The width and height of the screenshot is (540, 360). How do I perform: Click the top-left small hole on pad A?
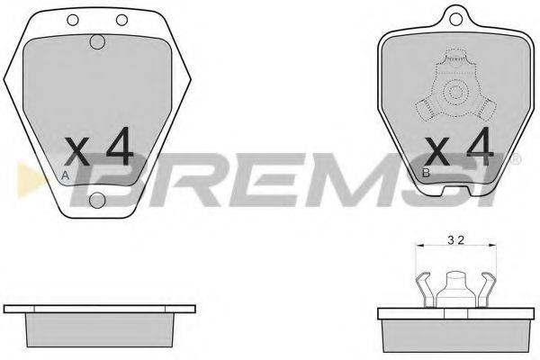pyautogui.click(x=73, y=20)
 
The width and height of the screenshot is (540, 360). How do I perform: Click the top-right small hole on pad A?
pyautogui.click(x=121, y=20)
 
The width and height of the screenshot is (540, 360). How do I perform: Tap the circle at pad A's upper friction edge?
pyautogui.click(x=97, y=41)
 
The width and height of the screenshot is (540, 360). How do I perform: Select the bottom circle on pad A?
pyautogui.click(x=97, y=200)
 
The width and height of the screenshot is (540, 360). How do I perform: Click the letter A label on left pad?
pyautogui.click(x=65, y=175)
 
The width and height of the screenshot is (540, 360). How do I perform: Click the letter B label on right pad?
pyautogui.click(x=426, y=173)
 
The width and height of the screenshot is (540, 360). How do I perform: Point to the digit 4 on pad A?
pyautogui.click(x=120, y=146)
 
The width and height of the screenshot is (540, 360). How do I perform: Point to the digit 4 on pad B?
pyautogui.click(x=480, y=146)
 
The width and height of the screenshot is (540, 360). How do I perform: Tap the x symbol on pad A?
pyautogui.click(x=77, y=150)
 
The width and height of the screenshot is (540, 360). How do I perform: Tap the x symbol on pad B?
pyautogui.click(x=437, y=150)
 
